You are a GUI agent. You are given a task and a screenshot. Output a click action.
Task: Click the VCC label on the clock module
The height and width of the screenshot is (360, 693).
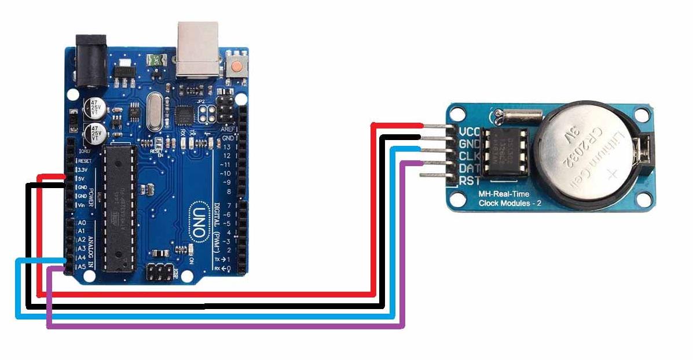tap(468, 131)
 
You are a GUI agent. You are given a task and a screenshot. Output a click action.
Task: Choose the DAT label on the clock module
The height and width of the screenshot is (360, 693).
tap(468, 169)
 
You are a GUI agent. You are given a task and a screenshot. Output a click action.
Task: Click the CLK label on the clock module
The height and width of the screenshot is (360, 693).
tap(468, 156)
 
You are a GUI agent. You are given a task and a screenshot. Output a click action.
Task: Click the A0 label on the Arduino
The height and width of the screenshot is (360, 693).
tap(82, 223)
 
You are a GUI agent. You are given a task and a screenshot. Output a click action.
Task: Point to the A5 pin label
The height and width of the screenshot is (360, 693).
tap(82, 266)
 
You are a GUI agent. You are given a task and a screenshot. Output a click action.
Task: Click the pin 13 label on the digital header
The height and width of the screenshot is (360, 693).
tap(228, 148)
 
